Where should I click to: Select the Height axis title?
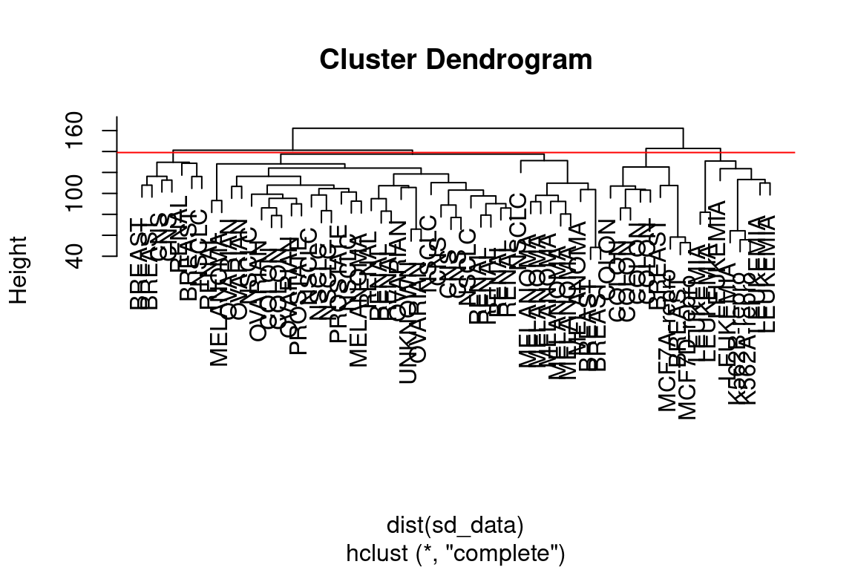[19, 270]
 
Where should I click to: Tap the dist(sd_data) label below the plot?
[455, 525]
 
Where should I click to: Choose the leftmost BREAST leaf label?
[137, 264]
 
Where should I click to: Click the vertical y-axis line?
[117, 186]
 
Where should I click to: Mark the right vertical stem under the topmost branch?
[683, 139]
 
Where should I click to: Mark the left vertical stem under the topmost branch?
[293, 139]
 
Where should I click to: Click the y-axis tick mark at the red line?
[112, 152]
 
